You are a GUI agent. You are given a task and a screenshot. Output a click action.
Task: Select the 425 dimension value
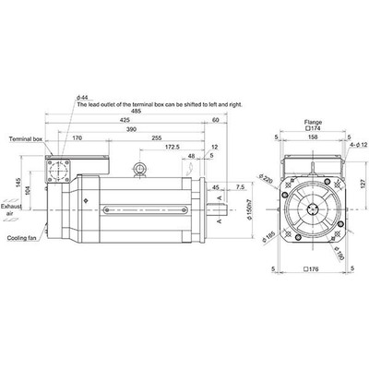point(124,121)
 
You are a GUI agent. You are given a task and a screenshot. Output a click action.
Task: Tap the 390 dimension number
point(132,130)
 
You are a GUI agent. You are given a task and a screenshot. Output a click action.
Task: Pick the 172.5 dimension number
point(172,148)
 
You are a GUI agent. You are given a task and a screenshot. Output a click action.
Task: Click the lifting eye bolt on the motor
point(140,169)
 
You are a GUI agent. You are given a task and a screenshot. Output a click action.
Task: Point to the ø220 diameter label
point(265,179)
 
